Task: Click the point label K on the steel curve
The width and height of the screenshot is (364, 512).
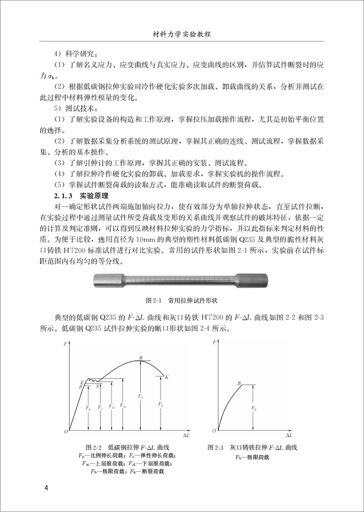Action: [x=167, y=377]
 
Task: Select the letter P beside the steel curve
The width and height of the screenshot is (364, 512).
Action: [x=80, y=387]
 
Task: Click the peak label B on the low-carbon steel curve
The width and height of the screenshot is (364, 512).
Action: [x=141, y=358]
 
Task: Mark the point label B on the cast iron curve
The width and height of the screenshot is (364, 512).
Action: [x=239, y=383]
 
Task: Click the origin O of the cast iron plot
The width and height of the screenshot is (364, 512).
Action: [x=214, y=430]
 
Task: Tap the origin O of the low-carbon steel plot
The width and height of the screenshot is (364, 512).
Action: [x=65, y=430]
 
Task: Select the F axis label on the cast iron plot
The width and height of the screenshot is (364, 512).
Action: [x=214, y=343]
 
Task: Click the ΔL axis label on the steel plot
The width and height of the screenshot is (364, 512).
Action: [x=186, y=435]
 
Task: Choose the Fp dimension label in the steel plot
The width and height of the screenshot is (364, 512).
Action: [x=88, y=409]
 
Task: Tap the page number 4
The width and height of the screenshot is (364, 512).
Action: [x=46, y=487]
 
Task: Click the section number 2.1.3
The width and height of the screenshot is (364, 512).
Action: [x=63, y=195]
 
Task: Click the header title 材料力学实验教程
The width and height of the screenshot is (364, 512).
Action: [x=182, y=35]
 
